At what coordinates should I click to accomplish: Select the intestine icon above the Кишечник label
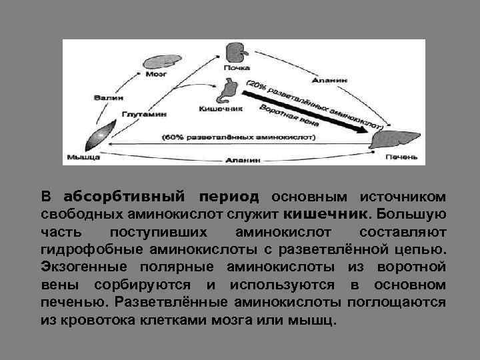click(x=231, y=89)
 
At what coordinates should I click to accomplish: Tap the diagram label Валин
click(x=103, y=97)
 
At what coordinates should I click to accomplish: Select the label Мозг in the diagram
click(x=155, y=75)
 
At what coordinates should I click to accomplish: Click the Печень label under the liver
click(x=401, y=159)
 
